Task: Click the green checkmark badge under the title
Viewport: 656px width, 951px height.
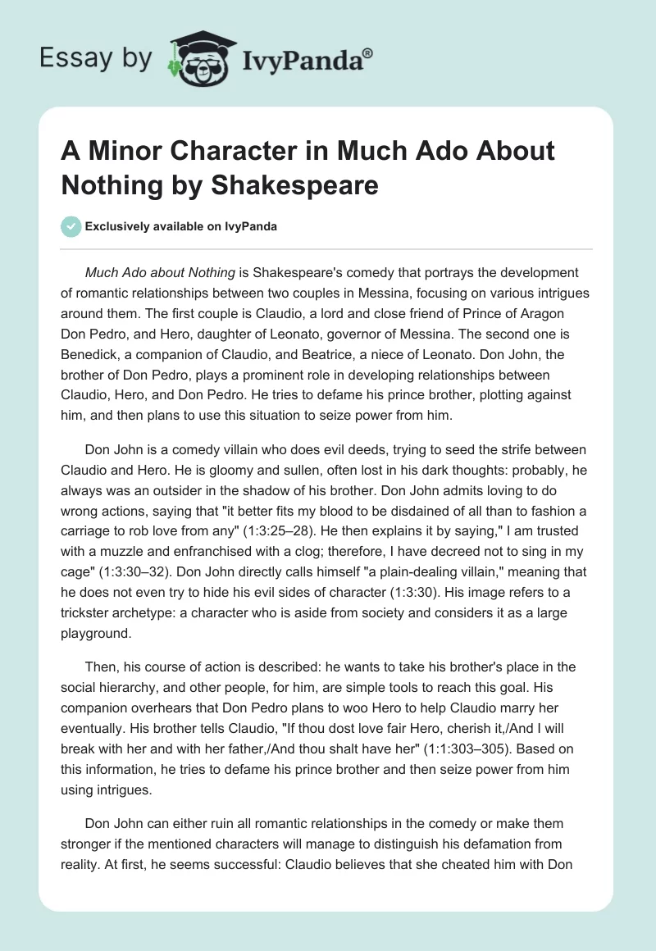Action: pyautogui.click(x=72, y=226)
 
